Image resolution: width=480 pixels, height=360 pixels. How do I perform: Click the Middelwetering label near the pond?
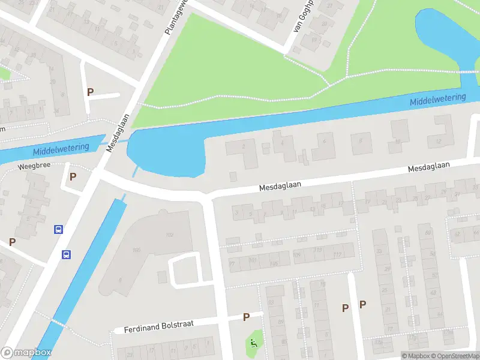point(438,100)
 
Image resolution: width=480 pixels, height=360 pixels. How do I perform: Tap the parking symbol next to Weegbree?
point(73,176)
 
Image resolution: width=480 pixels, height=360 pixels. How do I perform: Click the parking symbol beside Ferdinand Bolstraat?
point(246,317)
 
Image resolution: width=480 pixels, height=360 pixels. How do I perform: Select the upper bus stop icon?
point(59,229)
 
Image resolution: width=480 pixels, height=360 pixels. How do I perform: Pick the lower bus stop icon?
point(66,254)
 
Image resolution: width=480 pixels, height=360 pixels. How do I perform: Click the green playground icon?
point(254,344)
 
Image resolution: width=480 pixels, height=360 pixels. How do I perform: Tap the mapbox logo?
point(26,353)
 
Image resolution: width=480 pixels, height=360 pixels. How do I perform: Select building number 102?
point(169,234)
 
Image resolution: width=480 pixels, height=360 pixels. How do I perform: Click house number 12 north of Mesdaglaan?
point(438,141)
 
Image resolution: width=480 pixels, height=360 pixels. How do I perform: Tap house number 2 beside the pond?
point(244,146)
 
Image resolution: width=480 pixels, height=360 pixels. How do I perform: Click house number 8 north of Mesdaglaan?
point(361,142)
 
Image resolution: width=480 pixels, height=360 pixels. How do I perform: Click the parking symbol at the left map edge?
point(12,242)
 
